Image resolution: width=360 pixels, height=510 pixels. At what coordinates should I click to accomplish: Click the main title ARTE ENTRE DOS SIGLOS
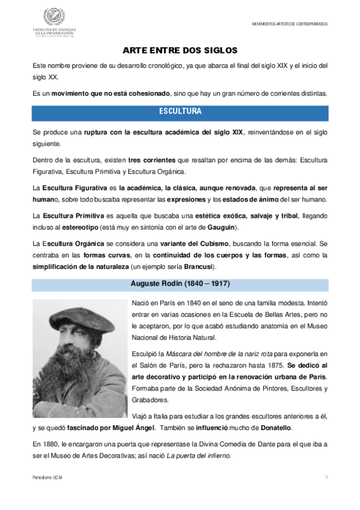[x=180, y=51]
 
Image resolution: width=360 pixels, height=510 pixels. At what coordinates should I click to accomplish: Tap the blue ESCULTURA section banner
[x=180, y=112]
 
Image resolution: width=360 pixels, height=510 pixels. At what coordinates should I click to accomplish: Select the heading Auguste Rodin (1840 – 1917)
[x=180, y=283]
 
